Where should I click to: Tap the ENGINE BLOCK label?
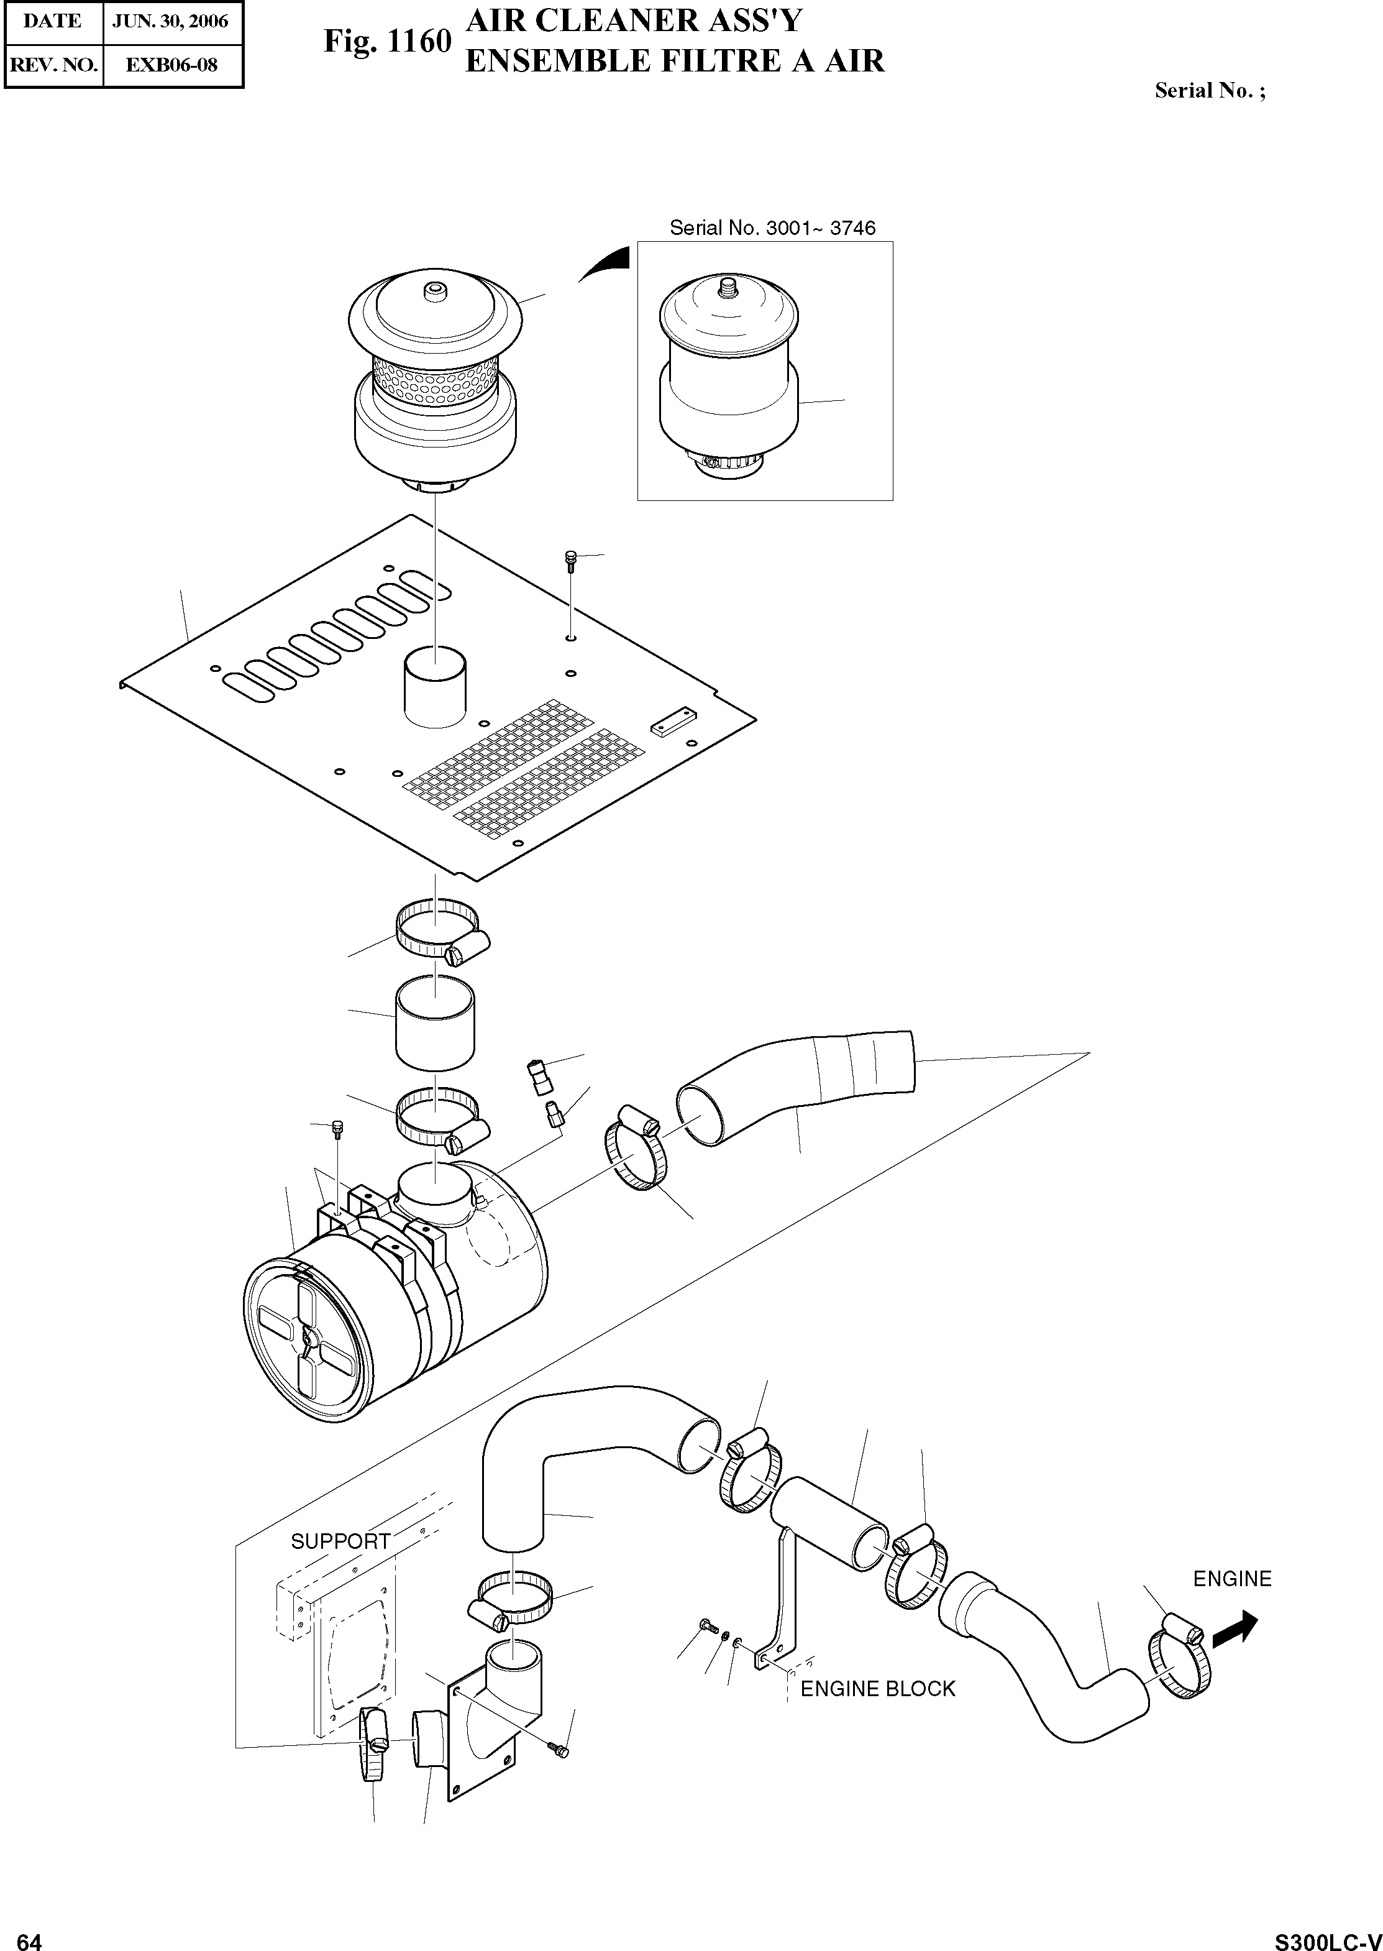878,1689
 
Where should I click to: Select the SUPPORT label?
340,1541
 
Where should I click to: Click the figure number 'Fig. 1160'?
386,41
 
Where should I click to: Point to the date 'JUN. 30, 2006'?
170,21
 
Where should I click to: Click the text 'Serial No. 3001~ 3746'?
772,227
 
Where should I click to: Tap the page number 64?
29,1935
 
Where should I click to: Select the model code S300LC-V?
1328,1935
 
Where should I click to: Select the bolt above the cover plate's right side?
570,561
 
